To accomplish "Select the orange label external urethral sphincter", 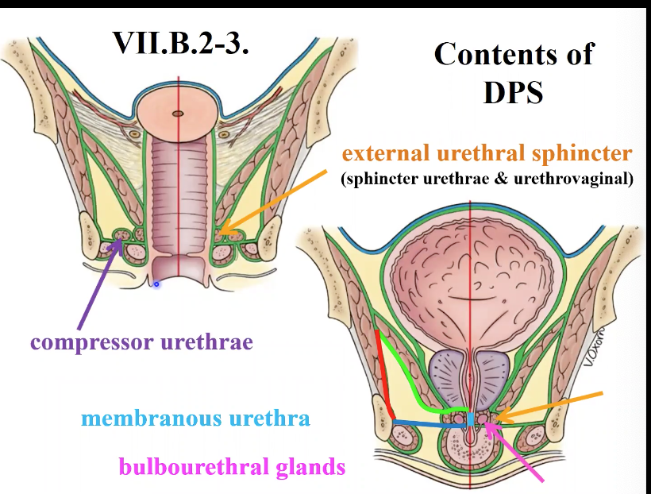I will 487,152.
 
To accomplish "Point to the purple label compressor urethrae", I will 141,343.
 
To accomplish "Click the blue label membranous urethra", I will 195,418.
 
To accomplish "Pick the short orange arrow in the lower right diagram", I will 557,405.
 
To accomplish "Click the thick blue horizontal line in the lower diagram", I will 429,424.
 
